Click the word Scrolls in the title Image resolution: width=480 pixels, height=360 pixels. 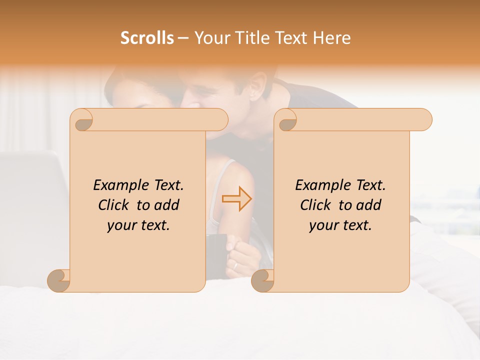point(147,38)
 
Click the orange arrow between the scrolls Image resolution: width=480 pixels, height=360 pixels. point(236,198)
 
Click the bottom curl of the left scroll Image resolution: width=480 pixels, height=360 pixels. point(58,280)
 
